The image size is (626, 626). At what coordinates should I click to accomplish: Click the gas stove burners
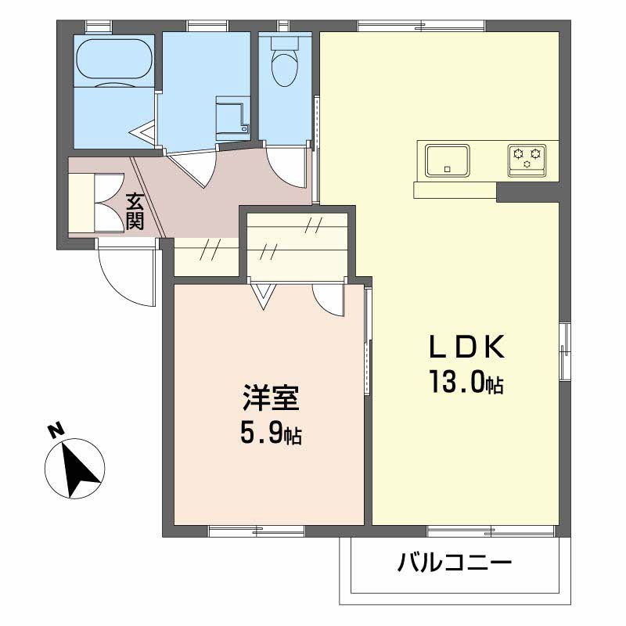[526, 158]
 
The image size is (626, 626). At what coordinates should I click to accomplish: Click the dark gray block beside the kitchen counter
[527, 191]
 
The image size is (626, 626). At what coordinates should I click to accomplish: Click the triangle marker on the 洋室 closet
[262, 295]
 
